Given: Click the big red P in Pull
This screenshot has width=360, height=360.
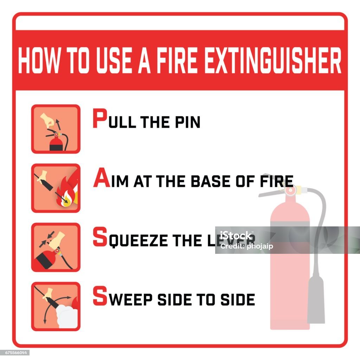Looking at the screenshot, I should (99, 119).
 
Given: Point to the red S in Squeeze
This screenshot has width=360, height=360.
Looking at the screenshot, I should (99, 237).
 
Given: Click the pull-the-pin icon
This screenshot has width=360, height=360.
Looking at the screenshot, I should (56, 129).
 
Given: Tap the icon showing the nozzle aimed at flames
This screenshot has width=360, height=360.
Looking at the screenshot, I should (56, 188).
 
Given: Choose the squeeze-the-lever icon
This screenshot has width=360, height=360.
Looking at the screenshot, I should (56, 247).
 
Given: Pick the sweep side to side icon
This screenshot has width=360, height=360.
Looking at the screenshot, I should (56, 306).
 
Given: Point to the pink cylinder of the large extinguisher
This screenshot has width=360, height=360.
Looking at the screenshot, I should (290, 267).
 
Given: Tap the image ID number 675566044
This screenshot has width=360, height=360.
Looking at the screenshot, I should (15, 353).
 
